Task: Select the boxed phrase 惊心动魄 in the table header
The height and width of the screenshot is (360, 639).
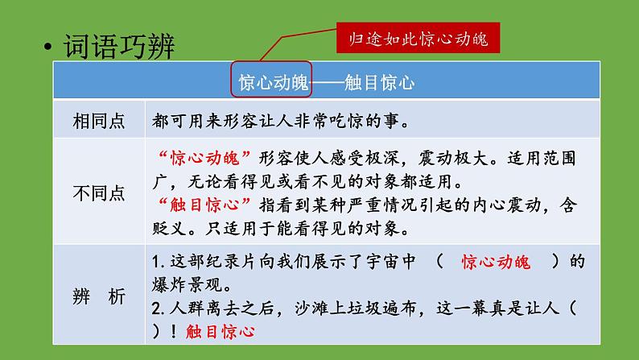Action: pos(271,82)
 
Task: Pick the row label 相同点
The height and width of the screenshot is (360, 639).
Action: pos(98,122)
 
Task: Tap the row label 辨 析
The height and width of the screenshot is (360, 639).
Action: pos(98,296)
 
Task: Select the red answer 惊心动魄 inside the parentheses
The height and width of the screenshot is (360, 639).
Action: pos(496,263)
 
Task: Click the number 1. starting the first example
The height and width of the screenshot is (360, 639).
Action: pos(158,263)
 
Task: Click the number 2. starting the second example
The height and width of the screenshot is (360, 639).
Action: pos(158,308)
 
